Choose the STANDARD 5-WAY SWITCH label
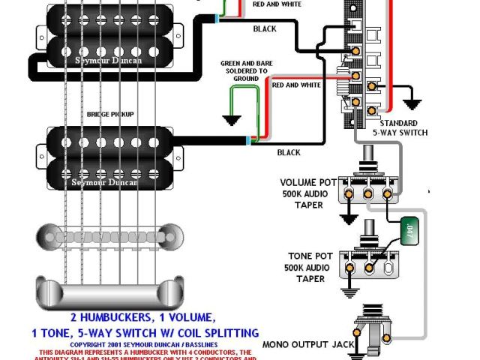pos(403,127)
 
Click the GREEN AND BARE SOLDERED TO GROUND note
pos(243,70)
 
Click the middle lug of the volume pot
pos(368,193)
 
